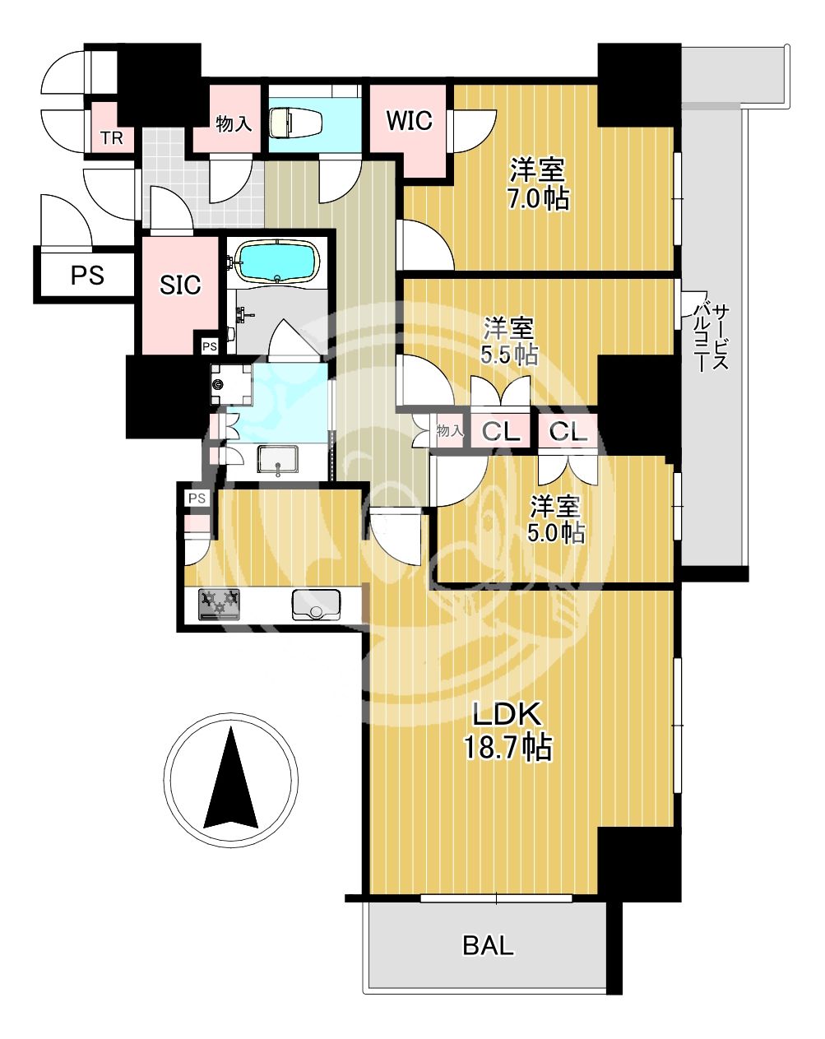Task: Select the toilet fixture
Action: (x=295, y=122)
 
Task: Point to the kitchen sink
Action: (x=316, y=605)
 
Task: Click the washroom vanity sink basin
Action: (x=277, y=461)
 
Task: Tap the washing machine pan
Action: (x=232, y=384)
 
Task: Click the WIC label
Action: (x=409, y=121)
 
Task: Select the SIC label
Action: (x=180, y=285)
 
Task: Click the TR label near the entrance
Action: (x=112, y=139)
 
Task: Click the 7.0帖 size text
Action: (x=538, y=198)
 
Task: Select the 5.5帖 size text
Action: (x=509, y=356)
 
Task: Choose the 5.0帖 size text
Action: (x=555, y=533)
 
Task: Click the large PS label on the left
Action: (x=87, y=276)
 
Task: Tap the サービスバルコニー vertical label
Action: (x=709, y=338)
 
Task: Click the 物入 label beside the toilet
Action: (x=234, y=123)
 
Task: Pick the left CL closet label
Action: (x=501, y=432)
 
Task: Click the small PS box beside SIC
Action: (x=210, y=346)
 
